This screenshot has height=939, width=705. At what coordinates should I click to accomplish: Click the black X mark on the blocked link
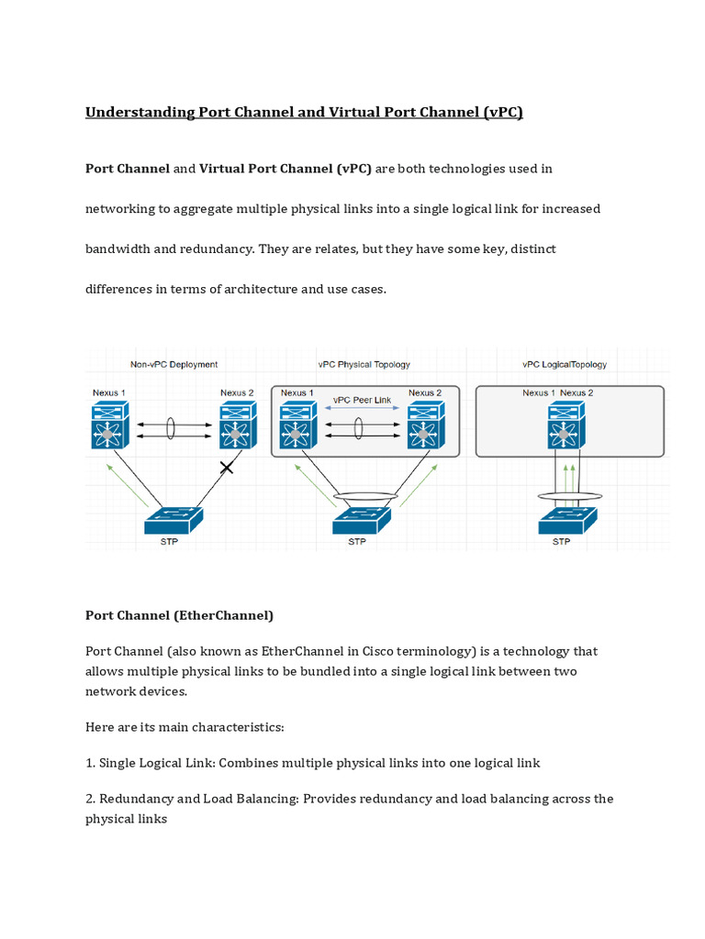[x=227, y=468]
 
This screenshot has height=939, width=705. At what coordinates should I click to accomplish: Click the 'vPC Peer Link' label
[x=362, y=401]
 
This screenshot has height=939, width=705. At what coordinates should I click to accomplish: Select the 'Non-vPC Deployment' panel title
[x=173, y=364]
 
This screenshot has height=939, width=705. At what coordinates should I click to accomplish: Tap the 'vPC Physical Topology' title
[x=364, y=364]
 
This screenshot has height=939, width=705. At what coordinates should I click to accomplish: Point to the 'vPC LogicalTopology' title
[x=565, y=364]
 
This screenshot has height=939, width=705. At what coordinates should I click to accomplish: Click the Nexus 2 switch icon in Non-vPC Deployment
[x=237, y=425]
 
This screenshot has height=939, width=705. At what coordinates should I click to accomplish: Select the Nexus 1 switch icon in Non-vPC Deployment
[x=109, y=425]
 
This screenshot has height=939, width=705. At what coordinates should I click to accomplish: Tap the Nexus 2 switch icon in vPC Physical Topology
[x=424, y=425]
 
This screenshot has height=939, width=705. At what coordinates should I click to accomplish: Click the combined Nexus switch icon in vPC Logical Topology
[x=565, y=425]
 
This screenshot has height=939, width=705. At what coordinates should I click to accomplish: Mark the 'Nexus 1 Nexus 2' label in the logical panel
[x=558, y=392]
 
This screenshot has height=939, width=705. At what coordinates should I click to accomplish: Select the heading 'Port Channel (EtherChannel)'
[x=179, y=615]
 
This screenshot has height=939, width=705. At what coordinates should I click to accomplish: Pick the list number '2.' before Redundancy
[x=91, y=799]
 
